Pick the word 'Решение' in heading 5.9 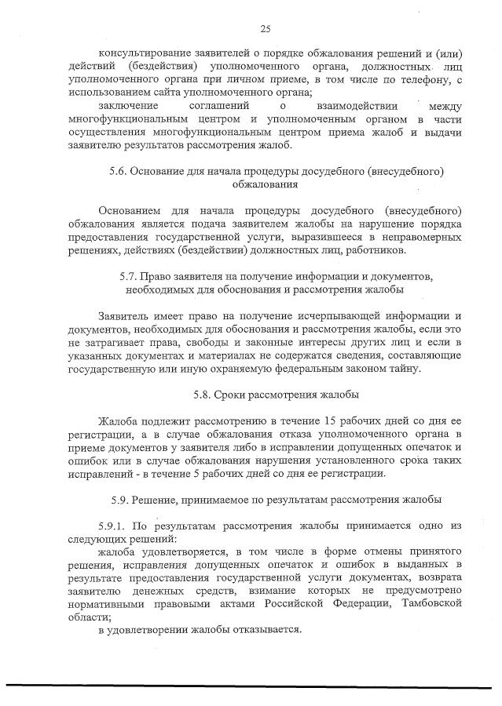[x=153, y=499]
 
